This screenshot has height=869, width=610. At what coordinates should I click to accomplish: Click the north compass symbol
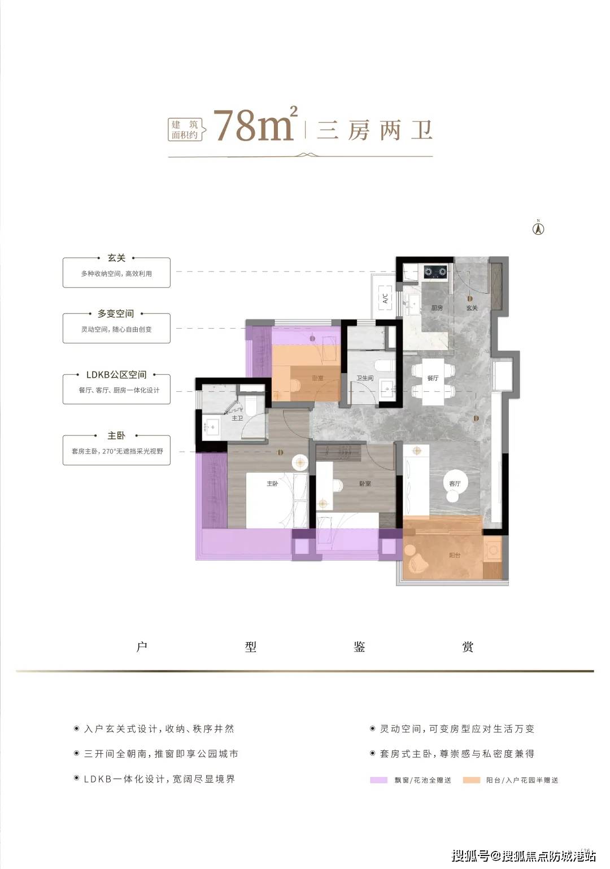(x=538, y=228)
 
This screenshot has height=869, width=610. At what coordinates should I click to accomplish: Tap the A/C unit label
(x=385, y=297)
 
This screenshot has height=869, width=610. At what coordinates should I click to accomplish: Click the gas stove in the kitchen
(x=435, y=272)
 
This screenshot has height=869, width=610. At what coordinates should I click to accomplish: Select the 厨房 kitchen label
(x=437, y=308)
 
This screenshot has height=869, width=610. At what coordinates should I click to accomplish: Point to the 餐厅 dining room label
(x=433, y=378)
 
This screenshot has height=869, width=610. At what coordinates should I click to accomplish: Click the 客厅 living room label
(x=455, y=483)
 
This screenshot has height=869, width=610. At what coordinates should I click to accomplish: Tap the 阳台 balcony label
(x=455, y=555)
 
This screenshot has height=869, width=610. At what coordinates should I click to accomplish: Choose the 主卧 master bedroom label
(x=272, y=484)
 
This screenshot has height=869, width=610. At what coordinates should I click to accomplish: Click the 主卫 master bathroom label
(x=237, y=418)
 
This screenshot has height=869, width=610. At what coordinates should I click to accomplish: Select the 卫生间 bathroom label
(x=365, y=378)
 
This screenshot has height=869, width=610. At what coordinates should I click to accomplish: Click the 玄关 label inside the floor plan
(x=472, y=308)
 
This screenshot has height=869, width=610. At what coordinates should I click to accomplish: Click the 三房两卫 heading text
(x=374, y=130)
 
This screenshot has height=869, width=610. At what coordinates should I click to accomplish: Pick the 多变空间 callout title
(x=116, y=313)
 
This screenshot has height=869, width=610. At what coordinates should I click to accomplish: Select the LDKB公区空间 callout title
(x=116, y=374)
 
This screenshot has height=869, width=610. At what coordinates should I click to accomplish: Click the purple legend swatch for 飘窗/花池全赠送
(x=378, y=780)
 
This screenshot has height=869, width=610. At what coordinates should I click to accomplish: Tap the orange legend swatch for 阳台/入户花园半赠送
(x=471, y=780)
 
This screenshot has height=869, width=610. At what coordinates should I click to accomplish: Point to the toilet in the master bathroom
(x=252, y=405)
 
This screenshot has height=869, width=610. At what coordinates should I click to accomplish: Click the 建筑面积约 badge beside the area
(x=185, y=130)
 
